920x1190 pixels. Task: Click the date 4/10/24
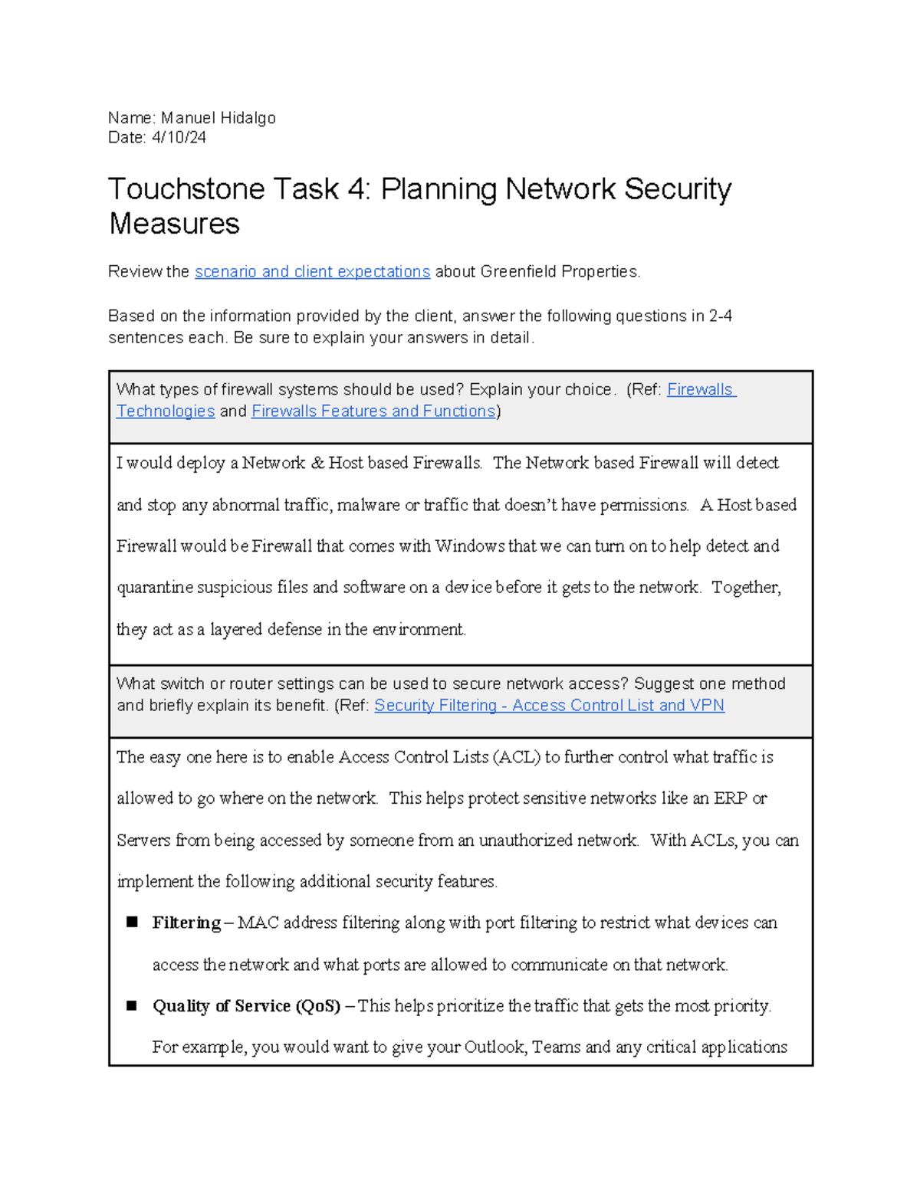(179, 138)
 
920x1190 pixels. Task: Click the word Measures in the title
(174, 225)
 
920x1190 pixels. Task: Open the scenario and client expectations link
(312, 272)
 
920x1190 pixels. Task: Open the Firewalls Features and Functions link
(373, 411)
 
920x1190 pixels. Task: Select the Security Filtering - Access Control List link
(549, 706)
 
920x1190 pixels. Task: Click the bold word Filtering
(186, 923)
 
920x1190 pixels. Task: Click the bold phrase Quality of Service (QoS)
(246, 1006)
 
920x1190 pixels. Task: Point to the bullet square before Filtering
(132, 923)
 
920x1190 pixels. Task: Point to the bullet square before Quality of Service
(132, 1005)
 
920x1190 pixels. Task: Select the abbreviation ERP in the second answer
(730, 798)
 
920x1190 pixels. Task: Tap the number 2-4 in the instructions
(720, 316)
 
